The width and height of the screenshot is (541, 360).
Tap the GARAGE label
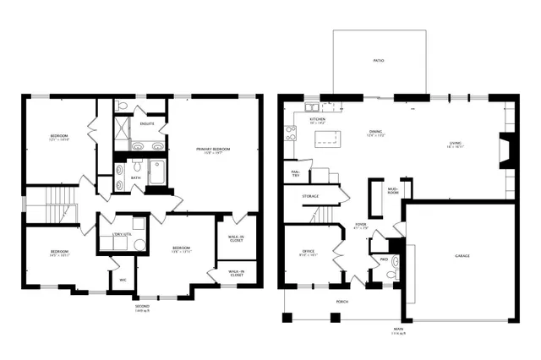462,255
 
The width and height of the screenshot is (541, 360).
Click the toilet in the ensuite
123,106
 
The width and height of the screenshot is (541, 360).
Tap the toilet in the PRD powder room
392,274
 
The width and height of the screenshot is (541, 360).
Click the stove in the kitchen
290,132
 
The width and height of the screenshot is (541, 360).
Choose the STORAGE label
310,196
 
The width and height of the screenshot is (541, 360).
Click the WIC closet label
123,279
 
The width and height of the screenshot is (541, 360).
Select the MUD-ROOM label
392,190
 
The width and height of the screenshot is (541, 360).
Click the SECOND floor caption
142,306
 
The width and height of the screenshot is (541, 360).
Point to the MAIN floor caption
397,330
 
